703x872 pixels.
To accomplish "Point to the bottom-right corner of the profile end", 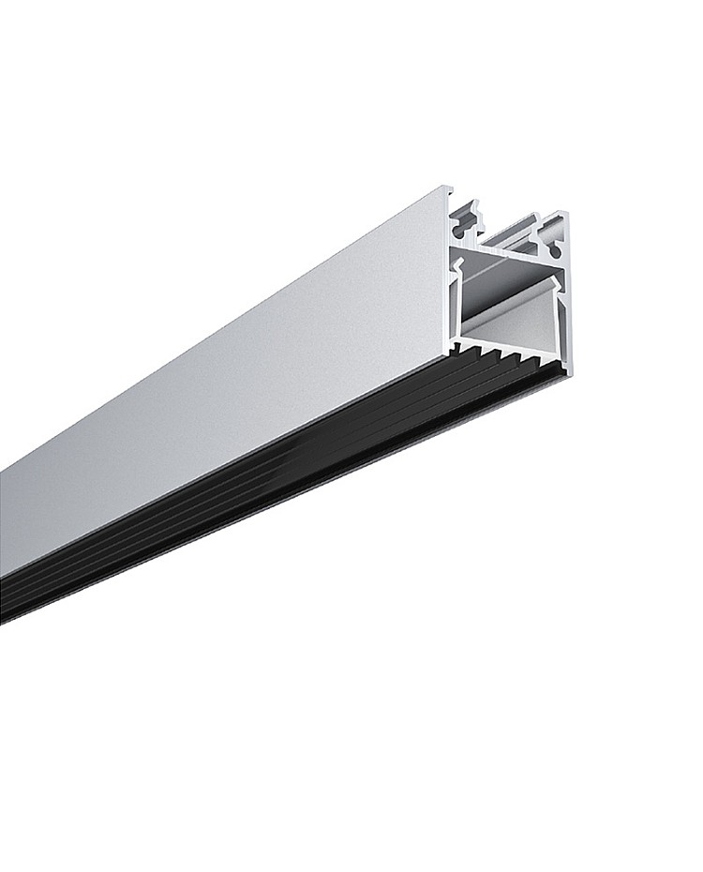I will click(x=571, y=374).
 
